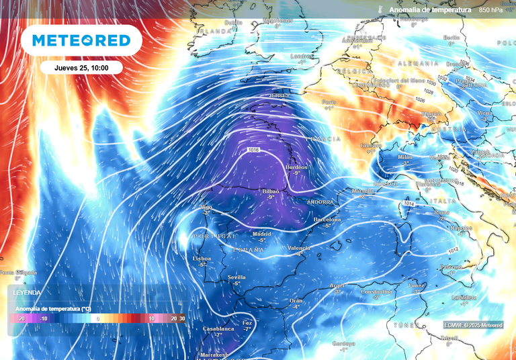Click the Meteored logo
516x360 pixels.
81,40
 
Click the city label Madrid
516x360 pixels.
263,233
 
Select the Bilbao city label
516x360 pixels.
271,191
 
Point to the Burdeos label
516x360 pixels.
296,167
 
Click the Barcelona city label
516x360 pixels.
327,220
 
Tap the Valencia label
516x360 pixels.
299,248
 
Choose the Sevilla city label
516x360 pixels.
236,277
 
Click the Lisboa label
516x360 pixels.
202,259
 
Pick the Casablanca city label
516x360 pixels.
218,329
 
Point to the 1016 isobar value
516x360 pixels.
254,149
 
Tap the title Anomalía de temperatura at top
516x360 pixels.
430,10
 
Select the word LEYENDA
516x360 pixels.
27,293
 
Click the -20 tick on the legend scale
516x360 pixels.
21,318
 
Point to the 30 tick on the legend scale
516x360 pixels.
182,318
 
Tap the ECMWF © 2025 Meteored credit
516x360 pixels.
473,325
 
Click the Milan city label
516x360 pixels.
404,156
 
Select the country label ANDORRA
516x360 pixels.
320,201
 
